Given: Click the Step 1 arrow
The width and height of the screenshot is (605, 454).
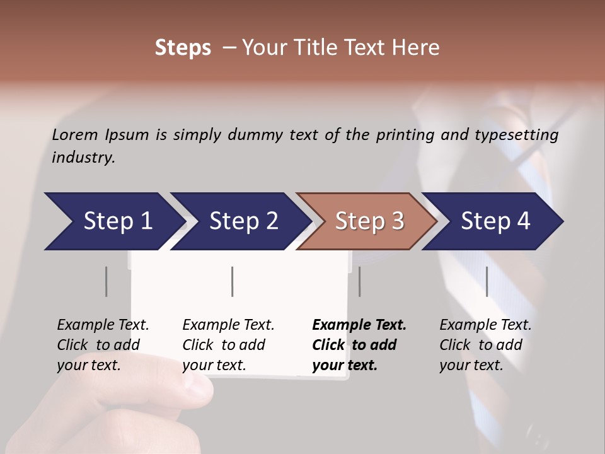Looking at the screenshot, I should point(113,221).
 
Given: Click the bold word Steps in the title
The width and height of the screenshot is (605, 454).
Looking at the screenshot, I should point(183,48).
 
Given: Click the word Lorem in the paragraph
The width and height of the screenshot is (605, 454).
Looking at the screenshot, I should point(75,134).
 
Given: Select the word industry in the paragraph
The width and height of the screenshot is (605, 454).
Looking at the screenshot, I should point(83,157).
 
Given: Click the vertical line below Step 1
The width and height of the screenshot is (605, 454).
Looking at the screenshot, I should point(106,281).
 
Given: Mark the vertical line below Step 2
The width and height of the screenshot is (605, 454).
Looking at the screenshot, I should point(233,281).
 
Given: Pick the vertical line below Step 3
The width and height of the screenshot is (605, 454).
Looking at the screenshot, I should point(359,281).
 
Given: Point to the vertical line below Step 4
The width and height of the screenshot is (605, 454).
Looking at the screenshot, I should point(487,281).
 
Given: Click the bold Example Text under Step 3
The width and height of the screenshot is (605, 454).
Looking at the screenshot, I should point(359,325).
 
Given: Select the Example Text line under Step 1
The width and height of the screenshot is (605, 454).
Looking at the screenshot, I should point(103,325).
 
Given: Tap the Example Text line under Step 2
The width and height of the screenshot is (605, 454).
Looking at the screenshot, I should point(228,325).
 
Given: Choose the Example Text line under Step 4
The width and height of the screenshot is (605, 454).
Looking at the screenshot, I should point(485,325).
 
